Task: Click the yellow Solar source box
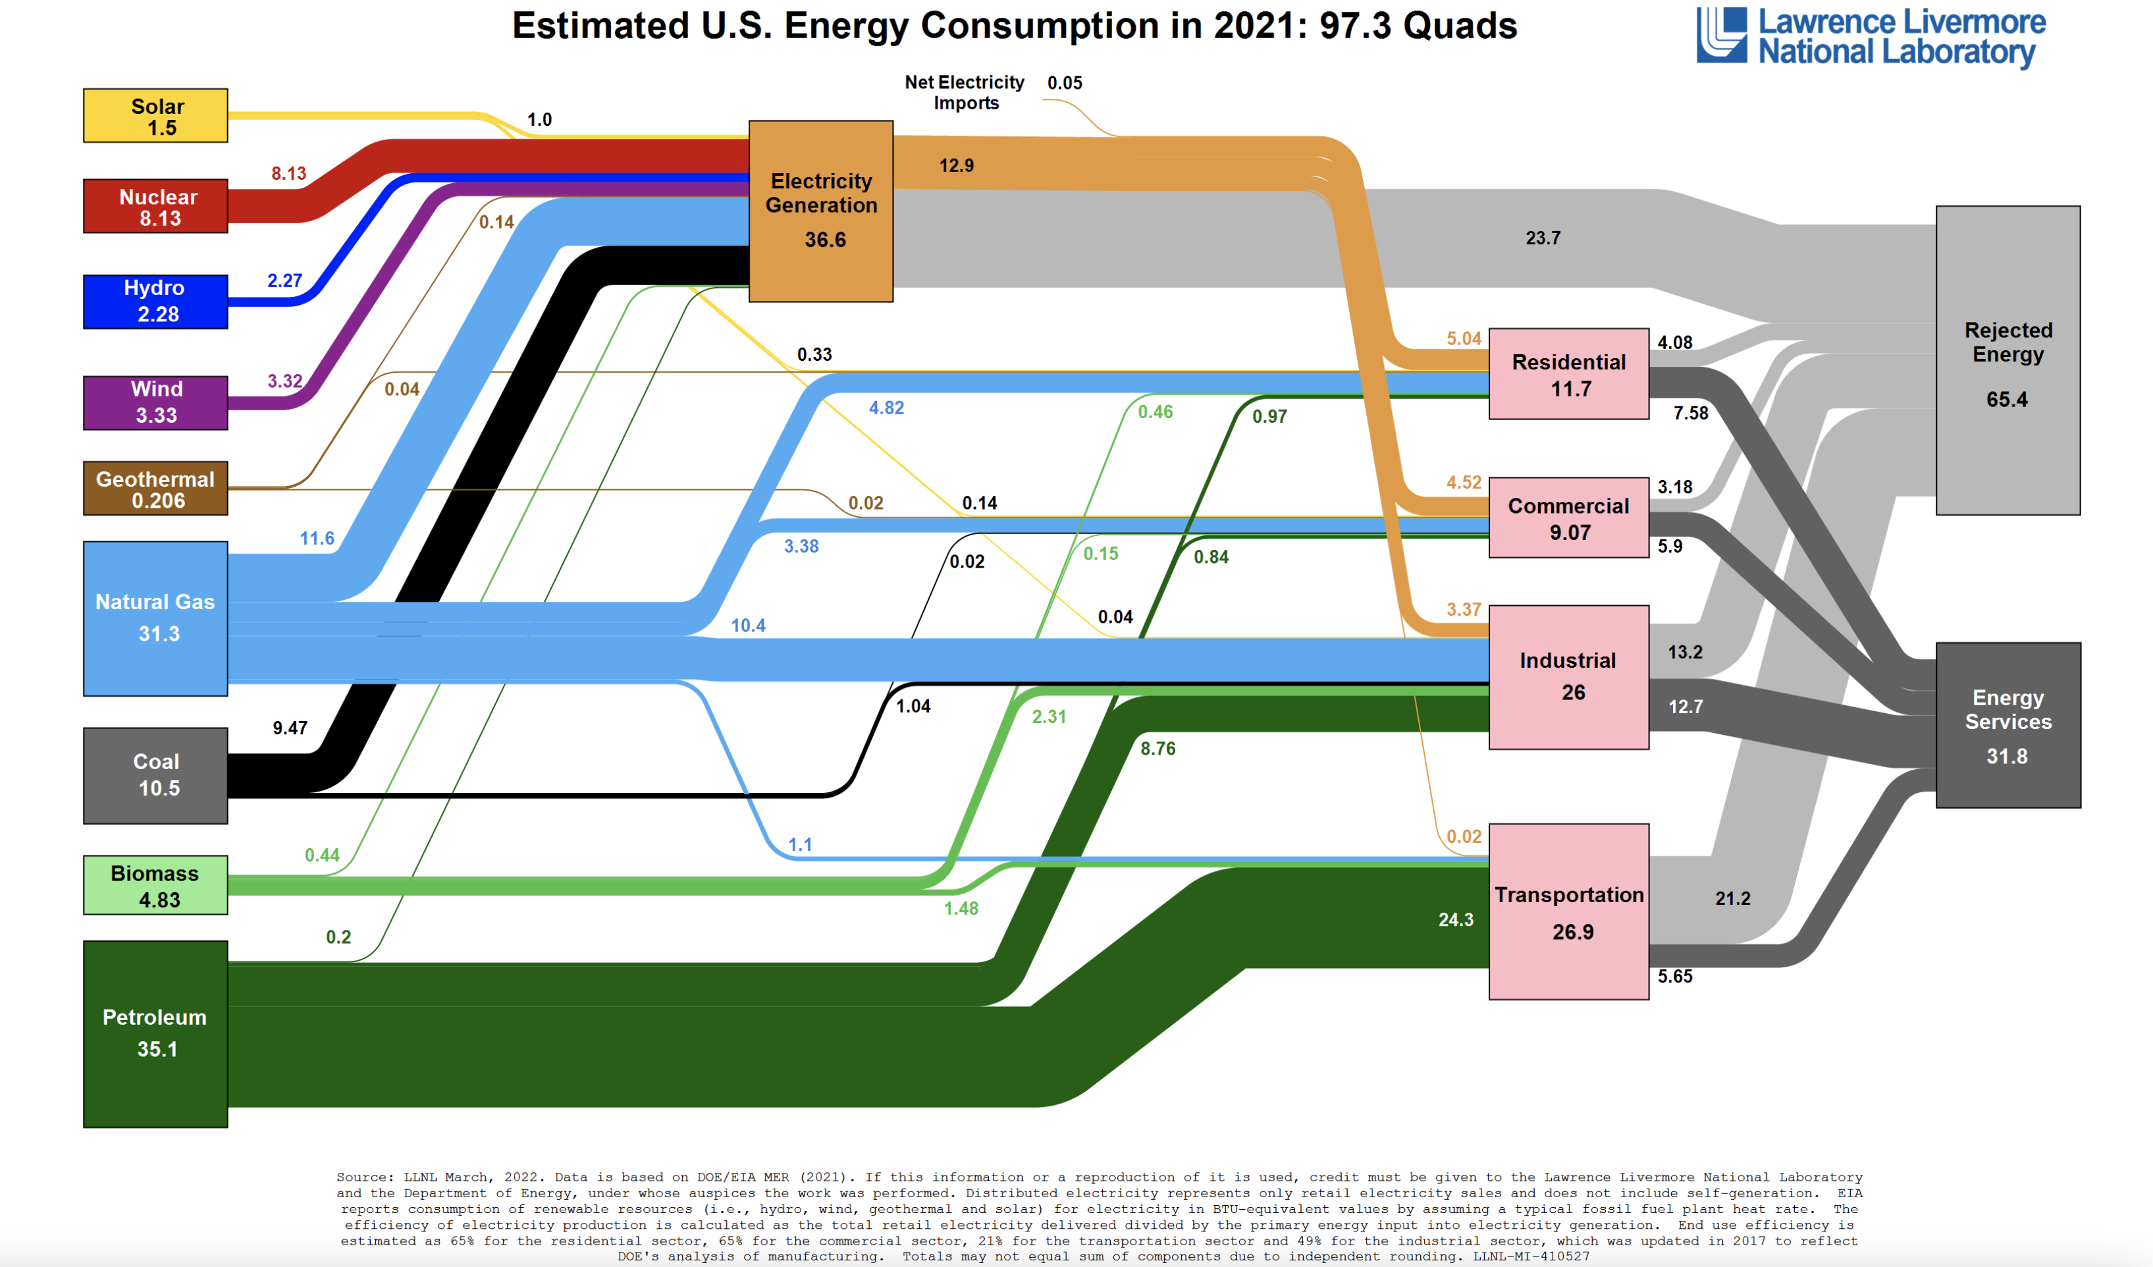(x=155, y=115)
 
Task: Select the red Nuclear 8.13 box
(x=155, y=206)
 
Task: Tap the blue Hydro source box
(x=155, y=301)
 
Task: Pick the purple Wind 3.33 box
(x=155, y=402)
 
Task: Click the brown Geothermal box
(x=155, y=489)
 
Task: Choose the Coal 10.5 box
(x=155, y=775)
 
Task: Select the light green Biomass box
(x=155, y=885)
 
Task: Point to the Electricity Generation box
(x=820, y=211)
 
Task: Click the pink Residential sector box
(x=1568, y=374)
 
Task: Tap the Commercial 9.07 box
(x=1568, y=518)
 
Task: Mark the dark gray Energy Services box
(x=2007, y=725)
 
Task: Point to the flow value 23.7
(x=1543, y=238)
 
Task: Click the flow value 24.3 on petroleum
(x=1456, y=920)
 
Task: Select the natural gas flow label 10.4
(x=749, y=626)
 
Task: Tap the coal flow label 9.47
(x=290, y=728)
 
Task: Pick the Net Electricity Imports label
(x=965, y=92)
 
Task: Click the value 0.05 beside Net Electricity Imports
(x=1065, y=83)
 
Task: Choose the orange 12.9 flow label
(x=956, y=166)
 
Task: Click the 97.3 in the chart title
(x=1355, y=26)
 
